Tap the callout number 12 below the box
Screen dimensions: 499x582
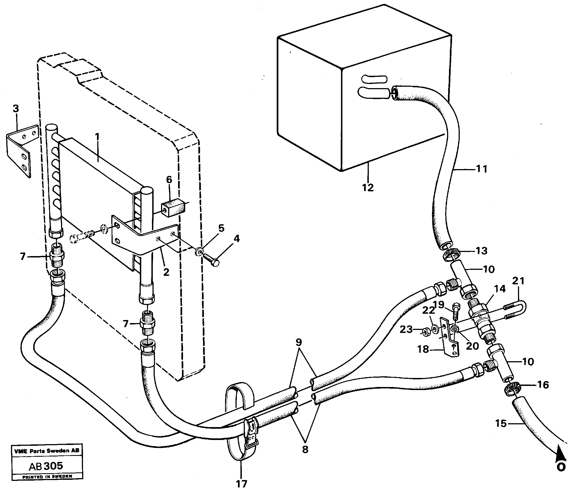click(x=368, y=187)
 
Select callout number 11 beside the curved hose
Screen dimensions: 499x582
click(x=481, y=169)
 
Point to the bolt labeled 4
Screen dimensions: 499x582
click(x=211, y=259)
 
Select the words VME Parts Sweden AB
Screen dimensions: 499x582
click(x=47, y=451)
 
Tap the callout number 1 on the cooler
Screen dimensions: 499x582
click(x=97, y=137)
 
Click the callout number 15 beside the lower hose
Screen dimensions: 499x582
click(x=501, y=423)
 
